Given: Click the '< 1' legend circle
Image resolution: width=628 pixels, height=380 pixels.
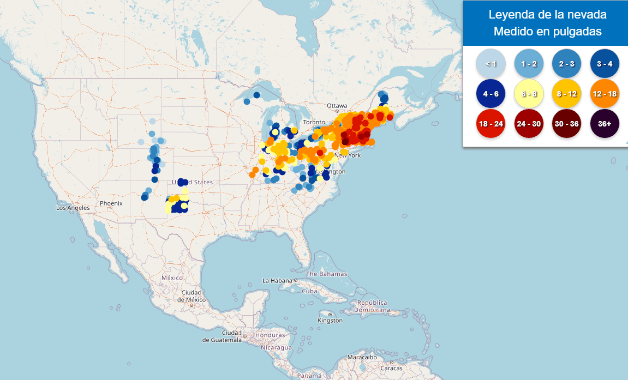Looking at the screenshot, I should pyautogui.click(x=490, y=64).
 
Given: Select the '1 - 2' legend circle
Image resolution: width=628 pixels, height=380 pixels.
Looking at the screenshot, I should pyautogui.click(x=528, y=64).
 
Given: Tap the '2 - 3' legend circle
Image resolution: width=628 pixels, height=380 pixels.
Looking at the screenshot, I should pyautogui.click(x=566, y=64).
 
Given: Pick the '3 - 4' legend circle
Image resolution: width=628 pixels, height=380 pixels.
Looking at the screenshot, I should pyautogui.click(x=605, y=64).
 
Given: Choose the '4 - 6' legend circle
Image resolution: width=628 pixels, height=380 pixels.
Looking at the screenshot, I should pyautogui.click(x=490, y=94).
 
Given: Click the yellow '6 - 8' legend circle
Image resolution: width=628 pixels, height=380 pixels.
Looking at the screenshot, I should pyautogui.click(x=528, y=94).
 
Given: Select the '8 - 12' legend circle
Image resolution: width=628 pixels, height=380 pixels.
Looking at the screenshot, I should pyautogui.click(x=566, y=94).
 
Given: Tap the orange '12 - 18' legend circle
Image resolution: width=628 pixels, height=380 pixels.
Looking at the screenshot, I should pyautogui.click(x=605, y=94).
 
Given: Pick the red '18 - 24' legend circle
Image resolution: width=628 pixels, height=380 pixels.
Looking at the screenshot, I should pyautogui.click(x=490, y=124).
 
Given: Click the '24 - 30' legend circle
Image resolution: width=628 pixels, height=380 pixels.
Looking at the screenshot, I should pyautogui.click(x=528, y=124).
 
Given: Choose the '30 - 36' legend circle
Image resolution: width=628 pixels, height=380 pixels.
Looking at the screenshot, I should pyautogui.click(x=566, y=124).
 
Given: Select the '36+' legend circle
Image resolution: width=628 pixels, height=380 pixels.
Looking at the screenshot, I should pyautogui.click(x=605, y=124).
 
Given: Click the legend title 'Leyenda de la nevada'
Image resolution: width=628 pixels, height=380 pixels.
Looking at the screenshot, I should pyautogui.click(x=547, y=15).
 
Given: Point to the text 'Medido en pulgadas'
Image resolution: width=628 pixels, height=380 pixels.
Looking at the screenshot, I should pyautogui.click(x=547, y=32).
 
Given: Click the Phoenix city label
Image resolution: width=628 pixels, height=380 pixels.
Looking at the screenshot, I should pyautogui.click(x=111, y=203).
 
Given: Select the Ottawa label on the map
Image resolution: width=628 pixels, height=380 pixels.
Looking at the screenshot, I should pyautogui.click(x=337, y=106).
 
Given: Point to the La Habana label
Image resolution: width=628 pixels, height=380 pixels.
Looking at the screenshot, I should pyautogui.click(x=278, y=281).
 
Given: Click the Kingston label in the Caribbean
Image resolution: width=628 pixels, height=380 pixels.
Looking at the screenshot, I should pyautogui.click(x=330, y=321).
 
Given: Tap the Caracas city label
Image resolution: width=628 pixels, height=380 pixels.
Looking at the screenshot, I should pyautogui.click(x=391, y=368).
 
